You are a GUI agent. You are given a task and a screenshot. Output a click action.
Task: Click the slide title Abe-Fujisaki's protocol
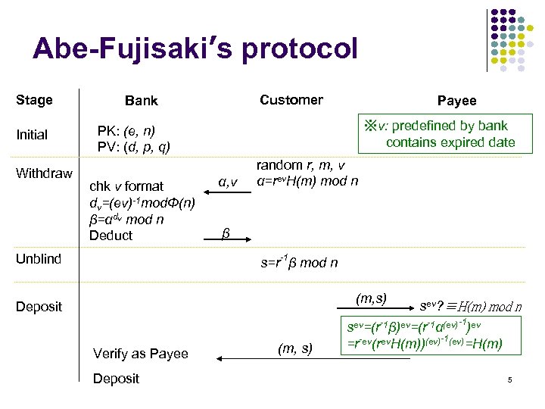[195, 48]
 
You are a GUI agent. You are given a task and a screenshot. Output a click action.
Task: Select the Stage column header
[34, 100]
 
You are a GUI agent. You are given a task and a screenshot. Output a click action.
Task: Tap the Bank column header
[141, 101]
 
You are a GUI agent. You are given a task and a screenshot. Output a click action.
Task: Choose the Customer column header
[291, 100]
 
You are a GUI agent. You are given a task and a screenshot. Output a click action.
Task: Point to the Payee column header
[456, 101]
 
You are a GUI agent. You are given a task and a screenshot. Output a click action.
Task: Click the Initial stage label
[32, 135]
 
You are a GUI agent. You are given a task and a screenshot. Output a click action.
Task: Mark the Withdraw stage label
[44, 173]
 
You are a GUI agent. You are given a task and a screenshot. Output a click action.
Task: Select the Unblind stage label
[39, 259]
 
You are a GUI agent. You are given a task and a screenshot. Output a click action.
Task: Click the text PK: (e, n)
[126, 131]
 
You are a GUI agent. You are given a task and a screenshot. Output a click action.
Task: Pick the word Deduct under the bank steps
[111, 236]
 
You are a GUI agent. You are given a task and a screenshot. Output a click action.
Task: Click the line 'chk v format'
[126, 186]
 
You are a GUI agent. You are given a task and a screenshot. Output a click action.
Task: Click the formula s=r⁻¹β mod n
[299, 263]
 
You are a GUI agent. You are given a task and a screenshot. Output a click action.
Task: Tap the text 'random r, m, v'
[301, 166]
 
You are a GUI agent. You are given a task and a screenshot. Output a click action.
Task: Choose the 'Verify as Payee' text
[140, 354]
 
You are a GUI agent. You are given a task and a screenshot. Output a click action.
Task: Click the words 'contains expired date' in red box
[450, 142]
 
